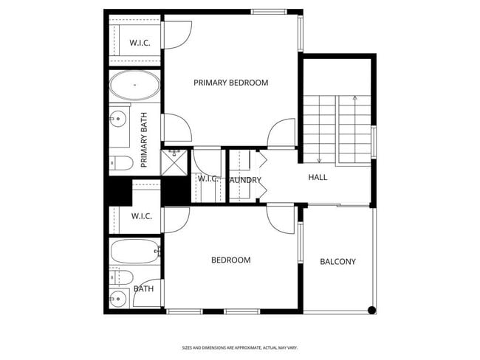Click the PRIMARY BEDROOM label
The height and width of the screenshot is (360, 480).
(x=230, y=83)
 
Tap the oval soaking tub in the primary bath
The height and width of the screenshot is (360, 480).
(x=134, y=86)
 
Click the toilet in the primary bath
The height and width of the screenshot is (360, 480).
(x=121, y=162)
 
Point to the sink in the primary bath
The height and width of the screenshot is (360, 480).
(x=118, y=117)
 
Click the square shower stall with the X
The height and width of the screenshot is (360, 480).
(x=175, y=162)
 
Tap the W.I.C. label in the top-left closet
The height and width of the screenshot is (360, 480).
(x=140, y=43)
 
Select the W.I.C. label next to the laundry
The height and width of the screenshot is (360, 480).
(x=206, y=179)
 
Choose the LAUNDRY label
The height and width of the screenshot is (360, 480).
(x=244, y=179)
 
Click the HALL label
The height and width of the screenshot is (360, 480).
(x=318, y=177)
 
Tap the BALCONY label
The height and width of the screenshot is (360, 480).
(x=337, y=262)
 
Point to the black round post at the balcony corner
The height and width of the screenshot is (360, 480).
(x=371, y=310)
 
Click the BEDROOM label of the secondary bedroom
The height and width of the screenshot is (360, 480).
(x=230, y=260)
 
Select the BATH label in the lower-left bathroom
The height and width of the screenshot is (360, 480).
(x=143, y=288)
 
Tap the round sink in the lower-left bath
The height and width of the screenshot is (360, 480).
(x=118, y=299)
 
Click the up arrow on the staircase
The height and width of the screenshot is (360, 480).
(x=355, y=98)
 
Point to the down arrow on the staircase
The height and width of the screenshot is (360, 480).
(x=319, y=159)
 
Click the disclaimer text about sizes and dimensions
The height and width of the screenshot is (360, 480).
(x=239, y=347)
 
